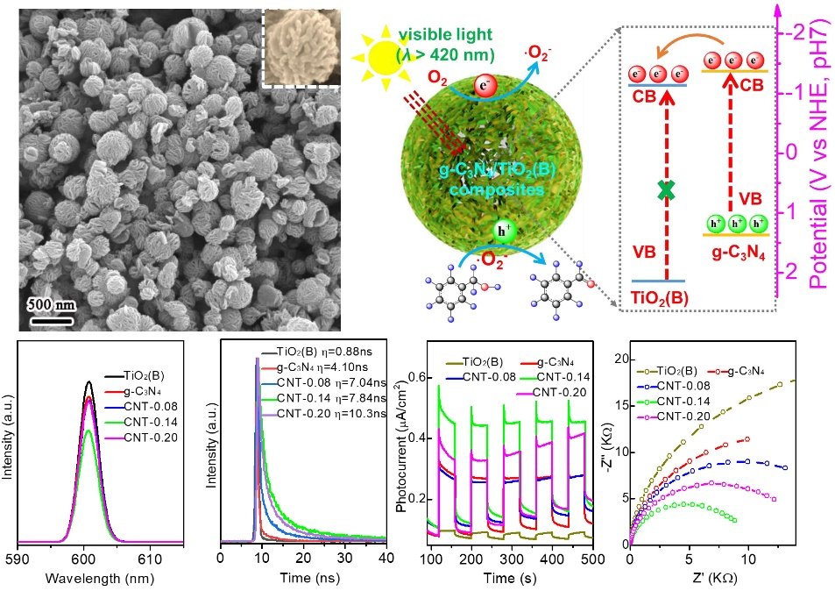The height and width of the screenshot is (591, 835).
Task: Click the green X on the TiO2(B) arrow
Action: pyautogui.click(x=671, y=189)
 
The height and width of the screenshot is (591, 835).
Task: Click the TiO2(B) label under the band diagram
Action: pyautogui.click(x=660, y=297)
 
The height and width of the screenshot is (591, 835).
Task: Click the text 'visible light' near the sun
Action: pyautogui.click(x=438, y=36)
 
